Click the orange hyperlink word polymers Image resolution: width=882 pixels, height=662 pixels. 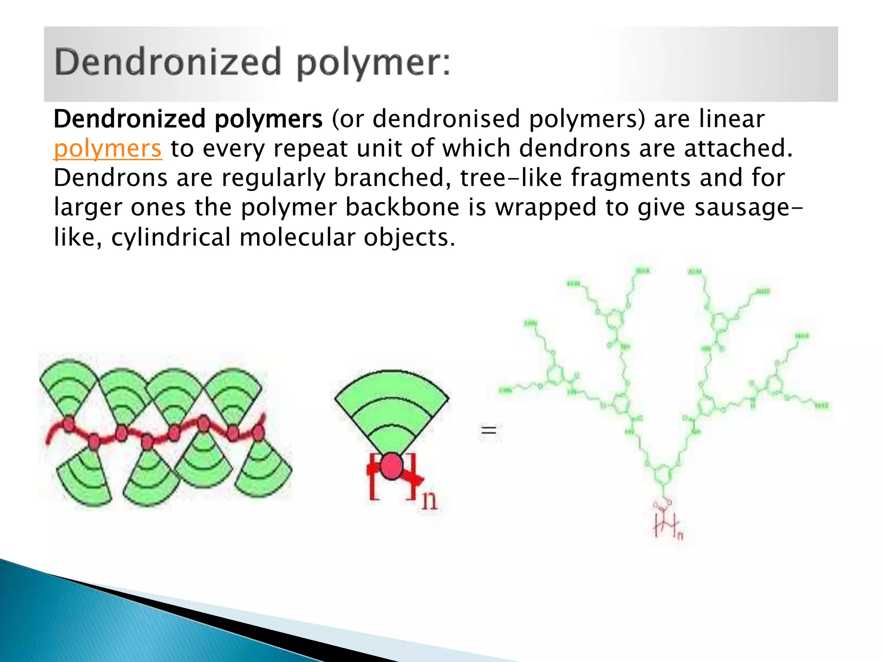coord(108,149)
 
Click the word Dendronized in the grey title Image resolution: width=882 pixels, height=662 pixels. coord(168,62)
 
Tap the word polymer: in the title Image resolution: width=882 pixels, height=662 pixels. coord(373,63)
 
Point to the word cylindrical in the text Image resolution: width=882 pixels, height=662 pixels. coord(171,237)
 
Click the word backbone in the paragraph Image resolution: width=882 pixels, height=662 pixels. coord(402,207)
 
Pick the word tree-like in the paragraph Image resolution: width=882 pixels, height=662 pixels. coord(511,178)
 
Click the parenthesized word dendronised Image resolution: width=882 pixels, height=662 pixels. coord(446,119)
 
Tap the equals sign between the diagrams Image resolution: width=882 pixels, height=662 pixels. coord(489,430)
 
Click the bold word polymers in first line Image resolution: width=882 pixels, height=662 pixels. coord(268,119)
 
